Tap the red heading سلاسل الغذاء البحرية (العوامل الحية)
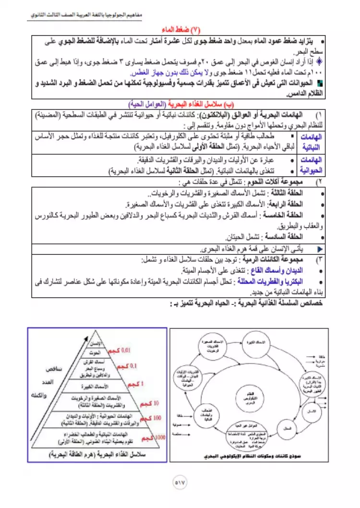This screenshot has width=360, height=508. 180,104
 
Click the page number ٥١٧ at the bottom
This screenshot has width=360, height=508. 180,482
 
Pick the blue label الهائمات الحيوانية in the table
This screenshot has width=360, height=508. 312,165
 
